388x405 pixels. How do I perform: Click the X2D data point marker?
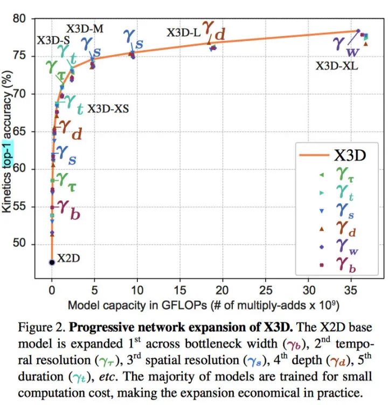52,262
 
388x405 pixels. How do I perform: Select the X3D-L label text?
183,33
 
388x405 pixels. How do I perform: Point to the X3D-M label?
85,29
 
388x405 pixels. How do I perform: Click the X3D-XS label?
108,109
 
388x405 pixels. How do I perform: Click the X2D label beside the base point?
69,258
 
